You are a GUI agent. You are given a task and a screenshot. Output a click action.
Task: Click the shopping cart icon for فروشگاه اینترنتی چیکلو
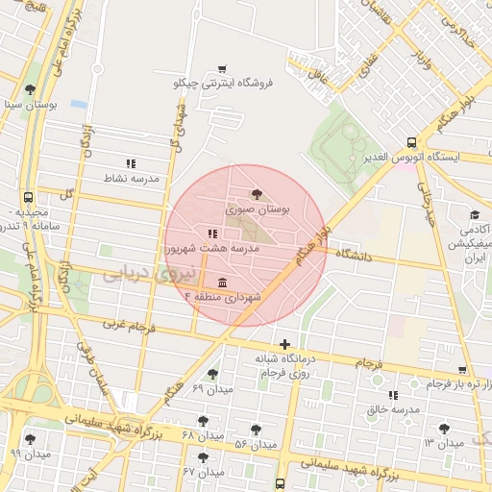coord(223,67)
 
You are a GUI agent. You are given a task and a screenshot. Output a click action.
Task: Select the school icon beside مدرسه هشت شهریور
coord(212,234)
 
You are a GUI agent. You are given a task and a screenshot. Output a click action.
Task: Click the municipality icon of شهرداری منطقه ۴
coord(223,282)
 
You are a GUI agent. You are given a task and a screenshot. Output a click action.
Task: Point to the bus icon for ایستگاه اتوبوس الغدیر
coord(411,140)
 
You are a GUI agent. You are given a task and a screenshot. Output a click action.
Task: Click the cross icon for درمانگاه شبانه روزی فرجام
coord(283,344)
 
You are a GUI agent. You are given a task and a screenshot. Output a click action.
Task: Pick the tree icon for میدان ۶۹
coord(211,374)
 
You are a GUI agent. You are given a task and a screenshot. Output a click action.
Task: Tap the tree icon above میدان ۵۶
coord(255,430)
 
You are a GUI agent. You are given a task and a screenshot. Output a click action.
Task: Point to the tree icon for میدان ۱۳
coord(443,429)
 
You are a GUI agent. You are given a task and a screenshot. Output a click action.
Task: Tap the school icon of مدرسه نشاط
coord(131,163)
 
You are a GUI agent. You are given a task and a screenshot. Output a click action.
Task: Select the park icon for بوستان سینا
coord(38,87)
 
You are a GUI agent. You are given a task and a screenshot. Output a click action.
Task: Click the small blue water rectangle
coord(79,104)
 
